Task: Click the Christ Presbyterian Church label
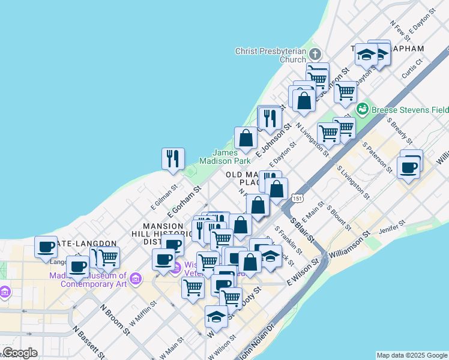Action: (271, 55)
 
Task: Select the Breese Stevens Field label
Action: (410, 110)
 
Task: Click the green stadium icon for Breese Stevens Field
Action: (362, 109)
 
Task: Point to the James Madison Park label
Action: (232, 157)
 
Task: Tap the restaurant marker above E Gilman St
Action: (173, 159)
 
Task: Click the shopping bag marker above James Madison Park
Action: (246, 139)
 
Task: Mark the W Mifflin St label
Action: (143, 313)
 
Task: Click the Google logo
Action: (20, 353)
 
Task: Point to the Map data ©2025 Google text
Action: (412, 355)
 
